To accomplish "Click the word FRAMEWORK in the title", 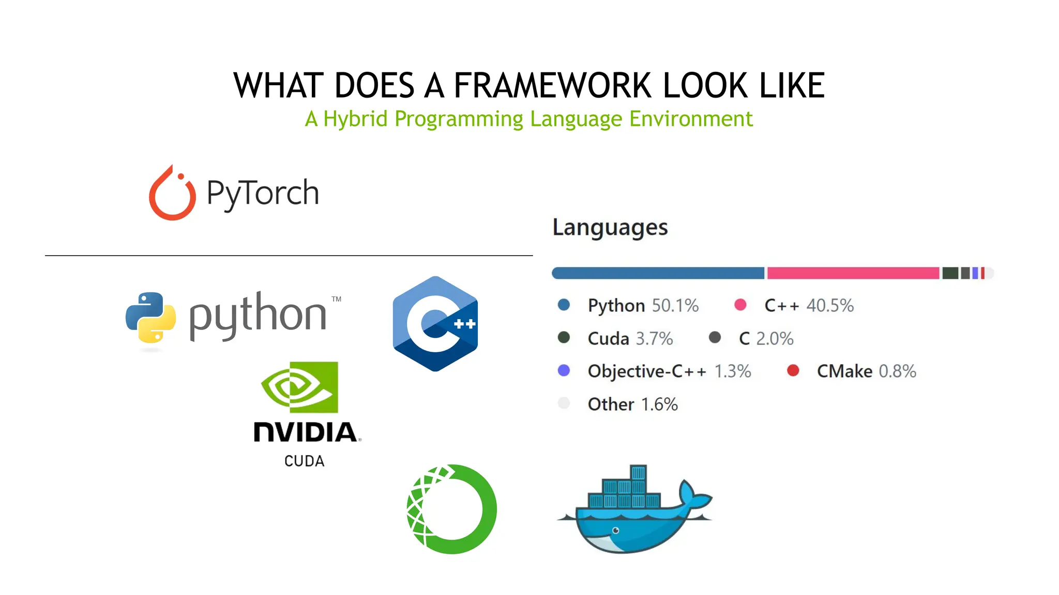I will tap(554, 85).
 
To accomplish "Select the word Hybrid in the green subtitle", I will tap(355, 119).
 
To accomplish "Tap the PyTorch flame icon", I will tap(172, 193).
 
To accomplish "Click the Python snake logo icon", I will tap(150, 317).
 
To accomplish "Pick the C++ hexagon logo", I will tap(435, 324).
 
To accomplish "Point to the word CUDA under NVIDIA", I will tap(304, 461).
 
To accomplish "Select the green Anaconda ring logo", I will tap(451, 509).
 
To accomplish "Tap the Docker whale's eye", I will tap(615, 530).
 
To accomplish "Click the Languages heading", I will tap(610, 227).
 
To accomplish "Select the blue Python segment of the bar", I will tap(658, 273).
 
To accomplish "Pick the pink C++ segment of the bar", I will tap(853, 273).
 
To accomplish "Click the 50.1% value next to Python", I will tap(675, 305).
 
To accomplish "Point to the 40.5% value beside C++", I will tap(830, 305).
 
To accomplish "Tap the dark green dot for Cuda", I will tap(564, 338).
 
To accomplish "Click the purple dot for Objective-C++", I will tap(564, 370).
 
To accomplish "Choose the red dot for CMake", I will tap(793, 370).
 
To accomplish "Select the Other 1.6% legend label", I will tap(632, 404).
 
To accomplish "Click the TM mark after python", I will tap(337, 299).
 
